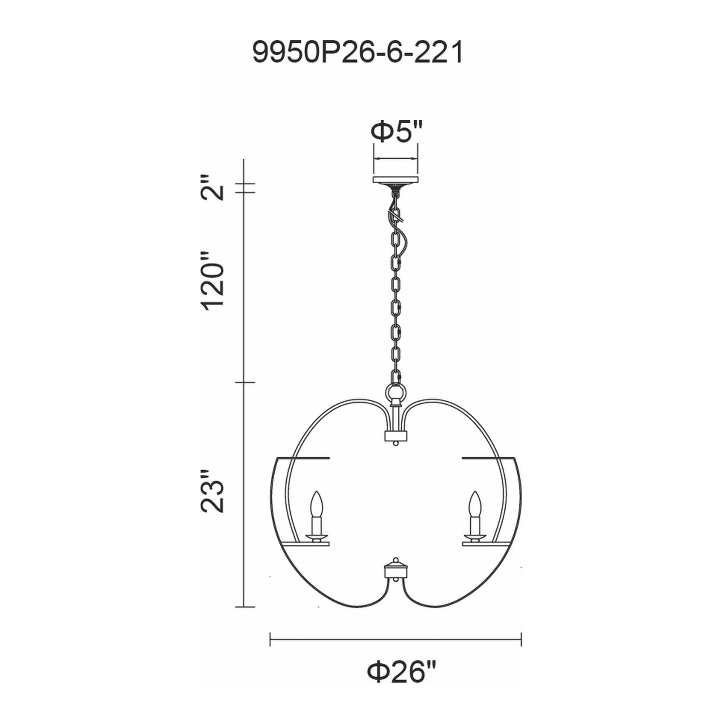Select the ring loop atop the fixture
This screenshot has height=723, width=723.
pyautogui.click(x=395, y=393)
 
